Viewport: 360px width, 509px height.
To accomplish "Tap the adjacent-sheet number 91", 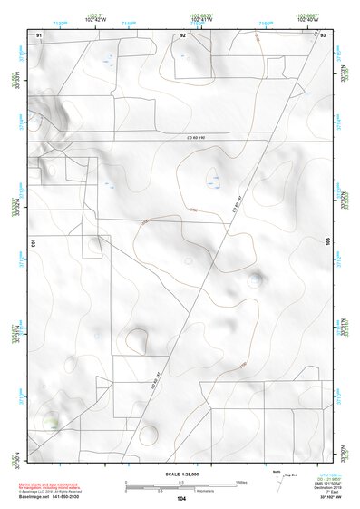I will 39,34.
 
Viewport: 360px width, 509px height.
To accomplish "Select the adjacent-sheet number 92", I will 182,34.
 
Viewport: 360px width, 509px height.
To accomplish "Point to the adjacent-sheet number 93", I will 323,34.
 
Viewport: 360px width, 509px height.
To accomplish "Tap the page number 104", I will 181,499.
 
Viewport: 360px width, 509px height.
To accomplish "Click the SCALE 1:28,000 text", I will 180,475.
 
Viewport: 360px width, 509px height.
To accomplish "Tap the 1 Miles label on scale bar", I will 240,482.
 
